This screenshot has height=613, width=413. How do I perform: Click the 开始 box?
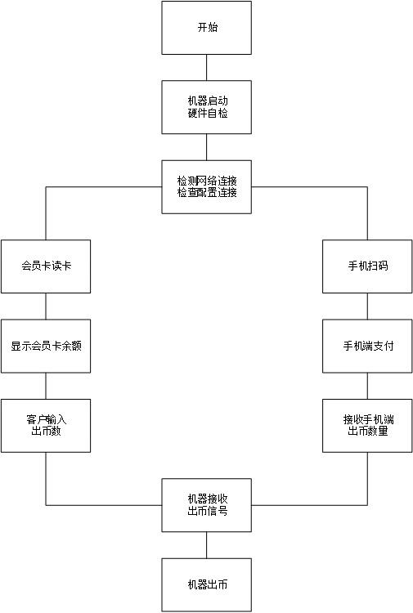point(206,28)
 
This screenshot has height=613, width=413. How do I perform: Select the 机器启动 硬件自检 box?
point(206,107)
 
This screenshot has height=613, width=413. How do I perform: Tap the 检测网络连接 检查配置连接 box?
point(206,187)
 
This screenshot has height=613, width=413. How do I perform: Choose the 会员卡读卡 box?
point(46,266)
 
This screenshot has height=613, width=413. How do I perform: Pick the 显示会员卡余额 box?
point(46,346)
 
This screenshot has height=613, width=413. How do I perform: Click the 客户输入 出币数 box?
point(46,426)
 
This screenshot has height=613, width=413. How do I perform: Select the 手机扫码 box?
point(367,266)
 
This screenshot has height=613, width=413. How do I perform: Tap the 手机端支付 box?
point(367,346)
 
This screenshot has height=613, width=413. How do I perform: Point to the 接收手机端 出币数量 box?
point(367,426)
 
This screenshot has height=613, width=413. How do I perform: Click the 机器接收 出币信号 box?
point(206,505)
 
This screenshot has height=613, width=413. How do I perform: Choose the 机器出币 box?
point(206,585)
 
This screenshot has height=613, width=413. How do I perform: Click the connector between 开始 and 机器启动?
point(206,68)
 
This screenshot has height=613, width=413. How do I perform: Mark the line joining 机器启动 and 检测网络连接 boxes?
point(206,147)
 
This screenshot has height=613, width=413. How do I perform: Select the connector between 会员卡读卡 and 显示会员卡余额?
point(46,306)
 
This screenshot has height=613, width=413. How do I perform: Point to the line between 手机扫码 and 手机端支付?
point(367,306)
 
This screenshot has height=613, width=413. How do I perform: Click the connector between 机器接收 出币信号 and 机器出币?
point(206,545)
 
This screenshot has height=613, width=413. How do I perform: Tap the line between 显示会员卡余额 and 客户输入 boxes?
point(46,386)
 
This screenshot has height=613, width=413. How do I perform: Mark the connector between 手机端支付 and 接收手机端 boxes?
point(367,386)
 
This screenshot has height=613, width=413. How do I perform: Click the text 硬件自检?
point(208,114)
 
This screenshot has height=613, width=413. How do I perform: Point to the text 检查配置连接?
point(207,193)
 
